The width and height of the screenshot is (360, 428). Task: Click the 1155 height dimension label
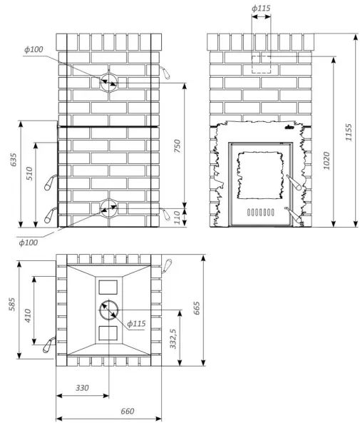pyautogui.click(x=349, y=133)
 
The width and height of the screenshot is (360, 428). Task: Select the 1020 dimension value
pyautogui.click(x=326, y=160)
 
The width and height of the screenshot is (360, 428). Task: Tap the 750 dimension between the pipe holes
pyautogui.click(x=178, y=146)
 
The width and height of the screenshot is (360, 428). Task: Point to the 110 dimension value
pyautogui.click(x=178, y=218)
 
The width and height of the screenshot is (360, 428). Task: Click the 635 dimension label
pyautogui.click(x=13, y=160)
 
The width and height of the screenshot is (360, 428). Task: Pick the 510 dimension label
pyautogui.click(x=29, y=173)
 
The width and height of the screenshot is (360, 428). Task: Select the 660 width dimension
pyautogui.click(x=128, y=411)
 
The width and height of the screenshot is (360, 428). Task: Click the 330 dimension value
pyautogui.click(x=82, y=387)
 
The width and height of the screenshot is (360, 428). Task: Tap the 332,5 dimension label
pyautogui.click(x=173, y=339)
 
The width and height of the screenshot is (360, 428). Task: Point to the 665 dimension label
pyautogui.click(x=197, y=308)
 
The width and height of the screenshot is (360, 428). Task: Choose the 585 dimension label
pyautogui.click(x=12, y=304)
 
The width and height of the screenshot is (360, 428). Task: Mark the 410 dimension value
pyautogui.click(x=28, y=315)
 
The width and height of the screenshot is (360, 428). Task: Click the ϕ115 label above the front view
pyautogui.click(x=261, y=8)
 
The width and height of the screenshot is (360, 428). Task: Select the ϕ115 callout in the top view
pyautogui.click(x=136, y=324)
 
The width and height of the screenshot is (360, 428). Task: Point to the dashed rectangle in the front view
pyautogui.click(x=261, y=56)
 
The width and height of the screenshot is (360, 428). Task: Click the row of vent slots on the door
pyautogui.click(x=260, y=212)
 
